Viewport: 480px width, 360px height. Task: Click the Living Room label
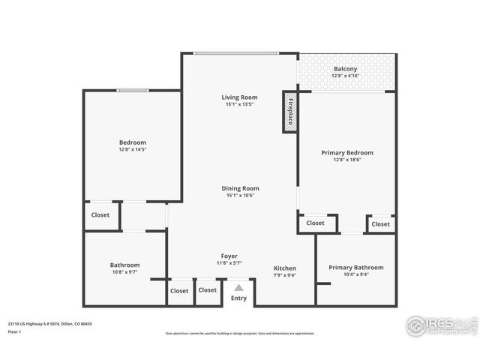pyautogui.click(x=239, y=97)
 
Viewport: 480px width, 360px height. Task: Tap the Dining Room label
pyautogui.click(x=239, y=188)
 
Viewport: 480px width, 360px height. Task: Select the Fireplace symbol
pyautogui.click(x=290, y=112)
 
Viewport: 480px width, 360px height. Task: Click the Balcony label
pyautogui.click(x=346, y=69)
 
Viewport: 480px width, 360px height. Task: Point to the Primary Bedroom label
pyautogui.click(x=347, y=152)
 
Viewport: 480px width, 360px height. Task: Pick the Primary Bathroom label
pyautogui.click(x=355, y=267)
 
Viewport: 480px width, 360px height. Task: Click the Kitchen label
pyautogui.click(x=284, y=268)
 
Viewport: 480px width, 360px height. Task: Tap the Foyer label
pyautogui.click(x=229, y=256)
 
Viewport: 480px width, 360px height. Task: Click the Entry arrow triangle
pyautogui.click(x=238, y=287)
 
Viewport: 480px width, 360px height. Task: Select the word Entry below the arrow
pyautogui.click(x=238, y=298)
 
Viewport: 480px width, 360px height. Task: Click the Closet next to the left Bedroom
pyautogui.click(x=100, y=214)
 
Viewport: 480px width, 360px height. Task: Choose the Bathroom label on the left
pyautogui.click(x=124, y=265)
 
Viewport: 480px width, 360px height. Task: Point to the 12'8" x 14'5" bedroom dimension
pyautogui.click(x=132, y=149)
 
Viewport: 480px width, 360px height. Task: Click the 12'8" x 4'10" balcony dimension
pyautogui.click(x=346, y=76)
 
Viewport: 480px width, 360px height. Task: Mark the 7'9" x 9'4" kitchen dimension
pyautogui.click(x=284, y=274)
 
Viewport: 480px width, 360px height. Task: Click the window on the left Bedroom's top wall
pyautogui.click(x=132, y=91)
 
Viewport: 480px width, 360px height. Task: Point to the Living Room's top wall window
pyautogui.click(x=235, y=52)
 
